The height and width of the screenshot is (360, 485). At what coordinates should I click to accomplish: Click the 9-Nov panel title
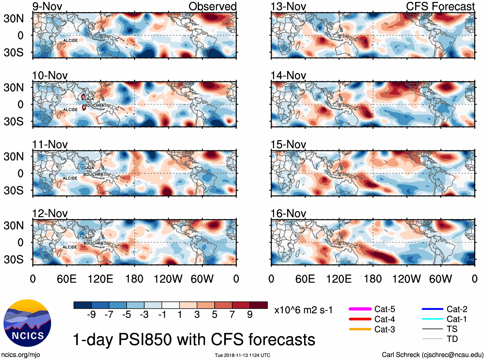tap(47, 6)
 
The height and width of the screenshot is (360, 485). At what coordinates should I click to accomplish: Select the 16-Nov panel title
tap(288, 214)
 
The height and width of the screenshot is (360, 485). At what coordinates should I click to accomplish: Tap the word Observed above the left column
tap(212, 6)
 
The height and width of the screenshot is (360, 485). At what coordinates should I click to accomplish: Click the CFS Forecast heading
tap(440, 6)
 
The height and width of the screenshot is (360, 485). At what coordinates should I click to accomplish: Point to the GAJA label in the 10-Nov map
tap(89, 99)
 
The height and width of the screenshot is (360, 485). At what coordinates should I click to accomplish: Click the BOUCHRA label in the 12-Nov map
tap(93, 243)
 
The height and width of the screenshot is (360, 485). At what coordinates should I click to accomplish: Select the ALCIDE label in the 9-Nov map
tap(70, 40)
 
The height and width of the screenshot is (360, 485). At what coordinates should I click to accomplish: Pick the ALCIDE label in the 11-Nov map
tap(70, 178)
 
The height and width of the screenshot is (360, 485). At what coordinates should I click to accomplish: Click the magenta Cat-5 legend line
tap(360, 309)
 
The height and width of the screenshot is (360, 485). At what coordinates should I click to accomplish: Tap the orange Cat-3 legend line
tap(360, 329)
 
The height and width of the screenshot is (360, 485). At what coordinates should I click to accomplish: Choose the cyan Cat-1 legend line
tap(432, 319)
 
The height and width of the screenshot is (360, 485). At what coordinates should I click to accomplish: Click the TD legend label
tap(452, 339)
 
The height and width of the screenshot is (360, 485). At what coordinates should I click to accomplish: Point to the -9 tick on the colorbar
tap(91, 314)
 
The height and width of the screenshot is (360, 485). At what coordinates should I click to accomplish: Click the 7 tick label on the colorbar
tap(232, 314)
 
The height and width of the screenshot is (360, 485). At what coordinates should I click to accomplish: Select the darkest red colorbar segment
tap(259, 305)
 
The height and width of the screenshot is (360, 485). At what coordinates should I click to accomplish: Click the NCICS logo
tap(27, 323)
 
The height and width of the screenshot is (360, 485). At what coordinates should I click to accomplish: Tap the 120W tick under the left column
tap(168, 279)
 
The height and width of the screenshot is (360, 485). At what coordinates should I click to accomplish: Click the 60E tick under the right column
tap(305, 279)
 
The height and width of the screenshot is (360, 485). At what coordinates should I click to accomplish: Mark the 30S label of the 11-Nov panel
tap(13, 190)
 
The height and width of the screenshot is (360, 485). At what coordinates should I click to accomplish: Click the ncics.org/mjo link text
tap(21, 355)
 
